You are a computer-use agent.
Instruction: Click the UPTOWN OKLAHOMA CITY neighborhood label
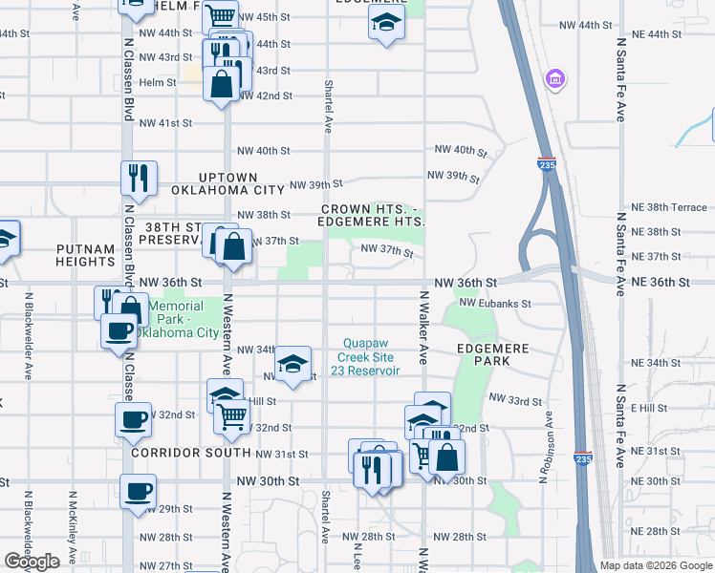click(227, 183)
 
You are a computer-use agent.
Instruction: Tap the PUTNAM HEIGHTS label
click(85, 254)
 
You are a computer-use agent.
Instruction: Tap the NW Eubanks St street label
click(494, 303)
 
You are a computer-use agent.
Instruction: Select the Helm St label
click(159, 82)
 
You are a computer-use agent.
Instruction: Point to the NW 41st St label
click(166, 123)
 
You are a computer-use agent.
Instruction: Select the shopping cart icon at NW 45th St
click(221, 16)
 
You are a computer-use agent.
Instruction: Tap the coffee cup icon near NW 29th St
click(139, 492)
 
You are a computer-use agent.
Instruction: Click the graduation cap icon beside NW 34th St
click(293, 363)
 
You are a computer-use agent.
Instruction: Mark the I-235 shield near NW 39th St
click(547, 164)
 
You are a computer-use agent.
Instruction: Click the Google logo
click(32, 562)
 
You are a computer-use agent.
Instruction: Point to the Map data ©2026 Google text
click(655, 565)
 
